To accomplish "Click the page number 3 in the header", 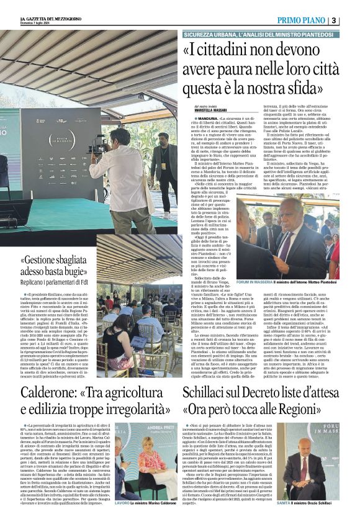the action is tap(351, 20).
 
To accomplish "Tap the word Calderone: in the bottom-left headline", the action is tap(52, 394).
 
